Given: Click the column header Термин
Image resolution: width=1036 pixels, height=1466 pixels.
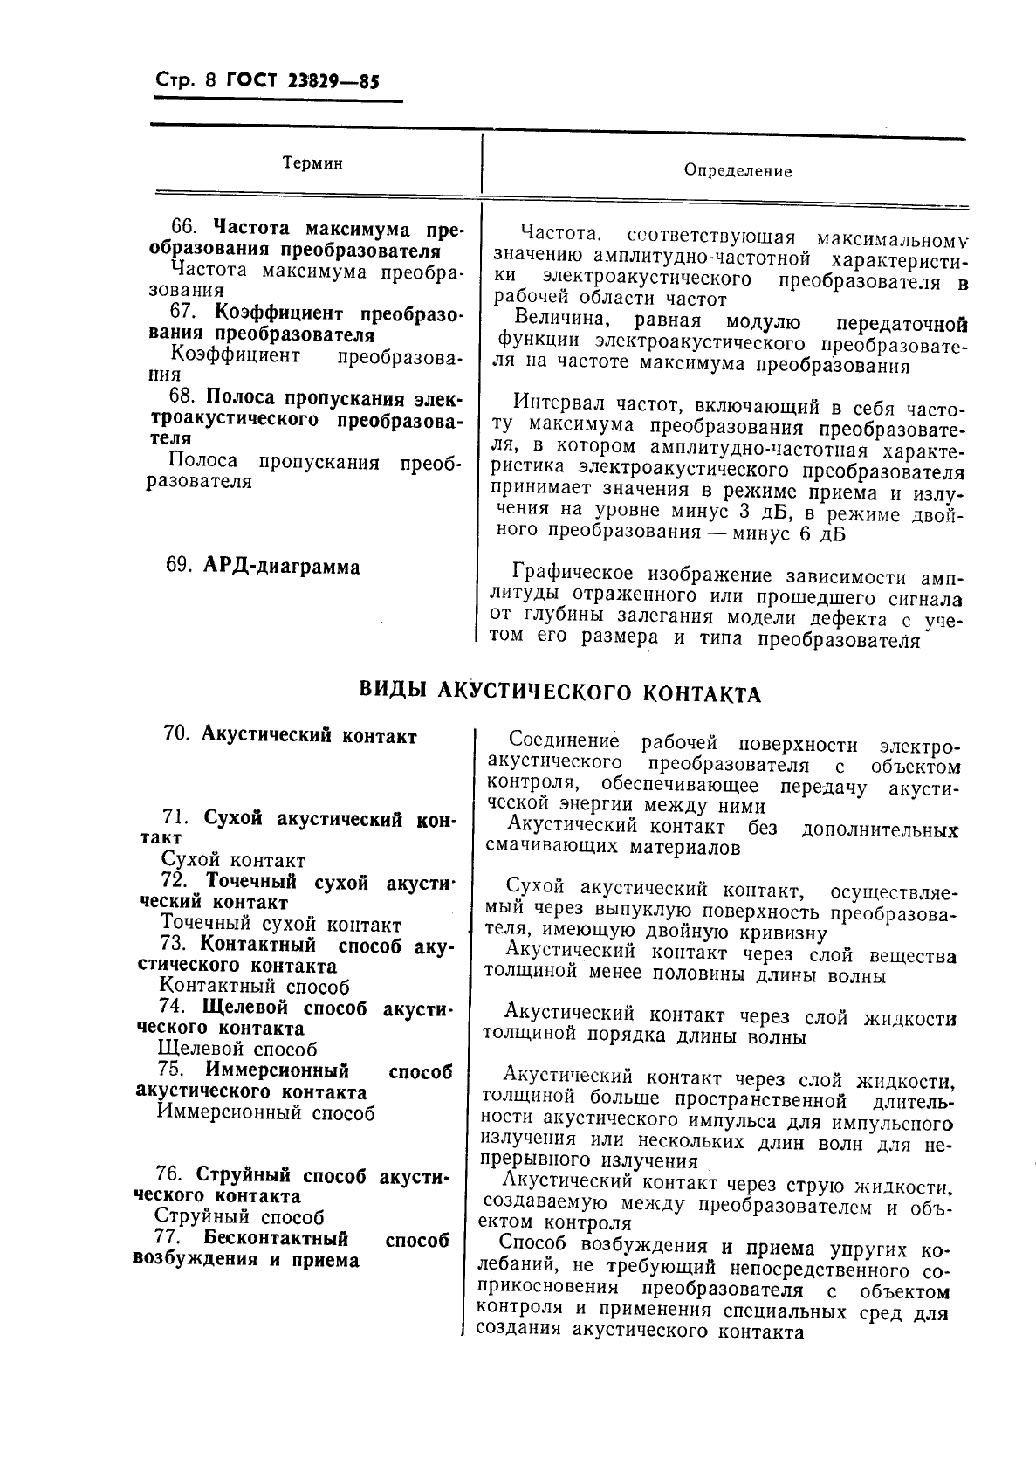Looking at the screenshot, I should tap(312, 163).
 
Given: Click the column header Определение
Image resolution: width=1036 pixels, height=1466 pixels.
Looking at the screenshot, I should tap(738, 171).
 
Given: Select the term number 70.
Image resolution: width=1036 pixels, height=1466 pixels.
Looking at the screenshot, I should tap(176, 735).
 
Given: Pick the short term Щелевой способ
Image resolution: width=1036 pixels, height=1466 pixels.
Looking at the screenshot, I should tap(237, 1049).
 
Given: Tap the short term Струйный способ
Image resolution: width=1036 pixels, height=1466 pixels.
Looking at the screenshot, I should tap(239, 1216).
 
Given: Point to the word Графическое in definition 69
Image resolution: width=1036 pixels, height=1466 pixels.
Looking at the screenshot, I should tap(573, 575).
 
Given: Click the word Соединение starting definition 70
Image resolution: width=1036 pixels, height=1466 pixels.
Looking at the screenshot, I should tap(563, 742).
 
